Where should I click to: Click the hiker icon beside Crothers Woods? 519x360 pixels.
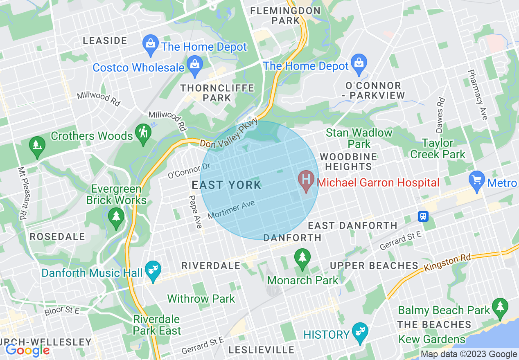coord(144,133)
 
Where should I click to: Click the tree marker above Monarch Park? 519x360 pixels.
coord(302,258)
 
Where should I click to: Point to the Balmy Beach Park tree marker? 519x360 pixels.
coord(500,308)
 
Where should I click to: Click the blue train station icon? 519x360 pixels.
coord(423,216)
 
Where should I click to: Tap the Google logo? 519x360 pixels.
coord(27,350)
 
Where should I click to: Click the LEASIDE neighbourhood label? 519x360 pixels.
coord(105,40)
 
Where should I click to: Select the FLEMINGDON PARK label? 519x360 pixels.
coord(280,15)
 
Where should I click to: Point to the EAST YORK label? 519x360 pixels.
coord(226,185)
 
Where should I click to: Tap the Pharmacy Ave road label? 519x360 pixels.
coord(477,94)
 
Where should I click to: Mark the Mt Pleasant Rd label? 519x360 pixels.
coord(23,192)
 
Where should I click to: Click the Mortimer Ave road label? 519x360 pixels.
coord(231,209)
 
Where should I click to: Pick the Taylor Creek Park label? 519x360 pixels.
coord(438,148)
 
